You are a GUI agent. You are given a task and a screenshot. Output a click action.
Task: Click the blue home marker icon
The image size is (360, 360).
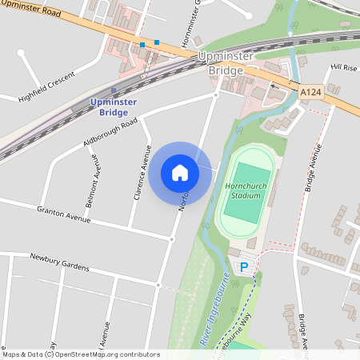pos(180,172)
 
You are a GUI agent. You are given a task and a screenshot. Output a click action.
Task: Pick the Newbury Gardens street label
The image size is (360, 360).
pos(59,261)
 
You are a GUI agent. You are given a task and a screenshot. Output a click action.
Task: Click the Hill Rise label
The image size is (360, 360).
pos(344,67)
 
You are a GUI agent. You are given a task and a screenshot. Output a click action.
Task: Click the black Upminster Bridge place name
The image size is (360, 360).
pos(225,64)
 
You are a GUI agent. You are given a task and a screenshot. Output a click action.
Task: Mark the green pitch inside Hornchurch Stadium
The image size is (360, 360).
pos(246,194)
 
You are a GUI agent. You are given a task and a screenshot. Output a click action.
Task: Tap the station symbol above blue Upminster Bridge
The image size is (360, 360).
pos(114,90)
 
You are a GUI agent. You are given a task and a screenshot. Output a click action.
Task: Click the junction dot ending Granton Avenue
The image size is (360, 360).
pos(171,238)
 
